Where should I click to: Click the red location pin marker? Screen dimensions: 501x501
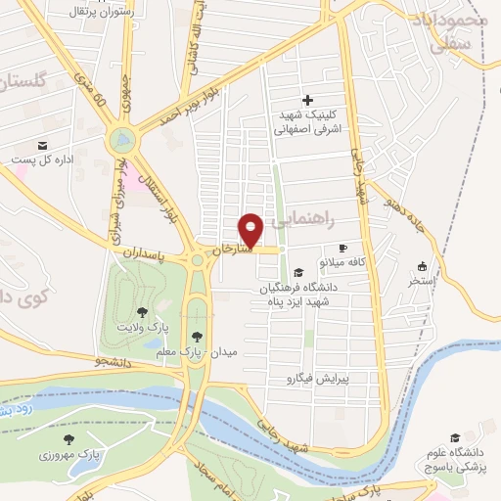pos(251,229)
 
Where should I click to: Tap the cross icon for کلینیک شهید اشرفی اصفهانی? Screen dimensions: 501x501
pos(307,100)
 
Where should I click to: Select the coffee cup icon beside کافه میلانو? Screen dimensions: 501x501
pos(342,249)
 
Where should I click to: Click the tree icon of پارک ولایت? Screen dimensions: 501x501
pos(143,312)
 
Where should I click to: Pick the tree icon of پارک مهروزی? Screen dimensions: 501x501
pos(68,439)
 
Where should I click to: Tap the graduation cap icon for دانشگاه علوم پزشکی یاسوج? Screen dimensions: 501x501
pos(455,437)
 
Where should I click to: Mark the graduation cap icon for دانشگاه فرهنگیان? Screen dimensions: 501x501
pos(298,272)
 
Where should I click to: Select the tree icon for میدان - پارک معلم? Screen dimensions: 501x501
pos(198,336)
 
